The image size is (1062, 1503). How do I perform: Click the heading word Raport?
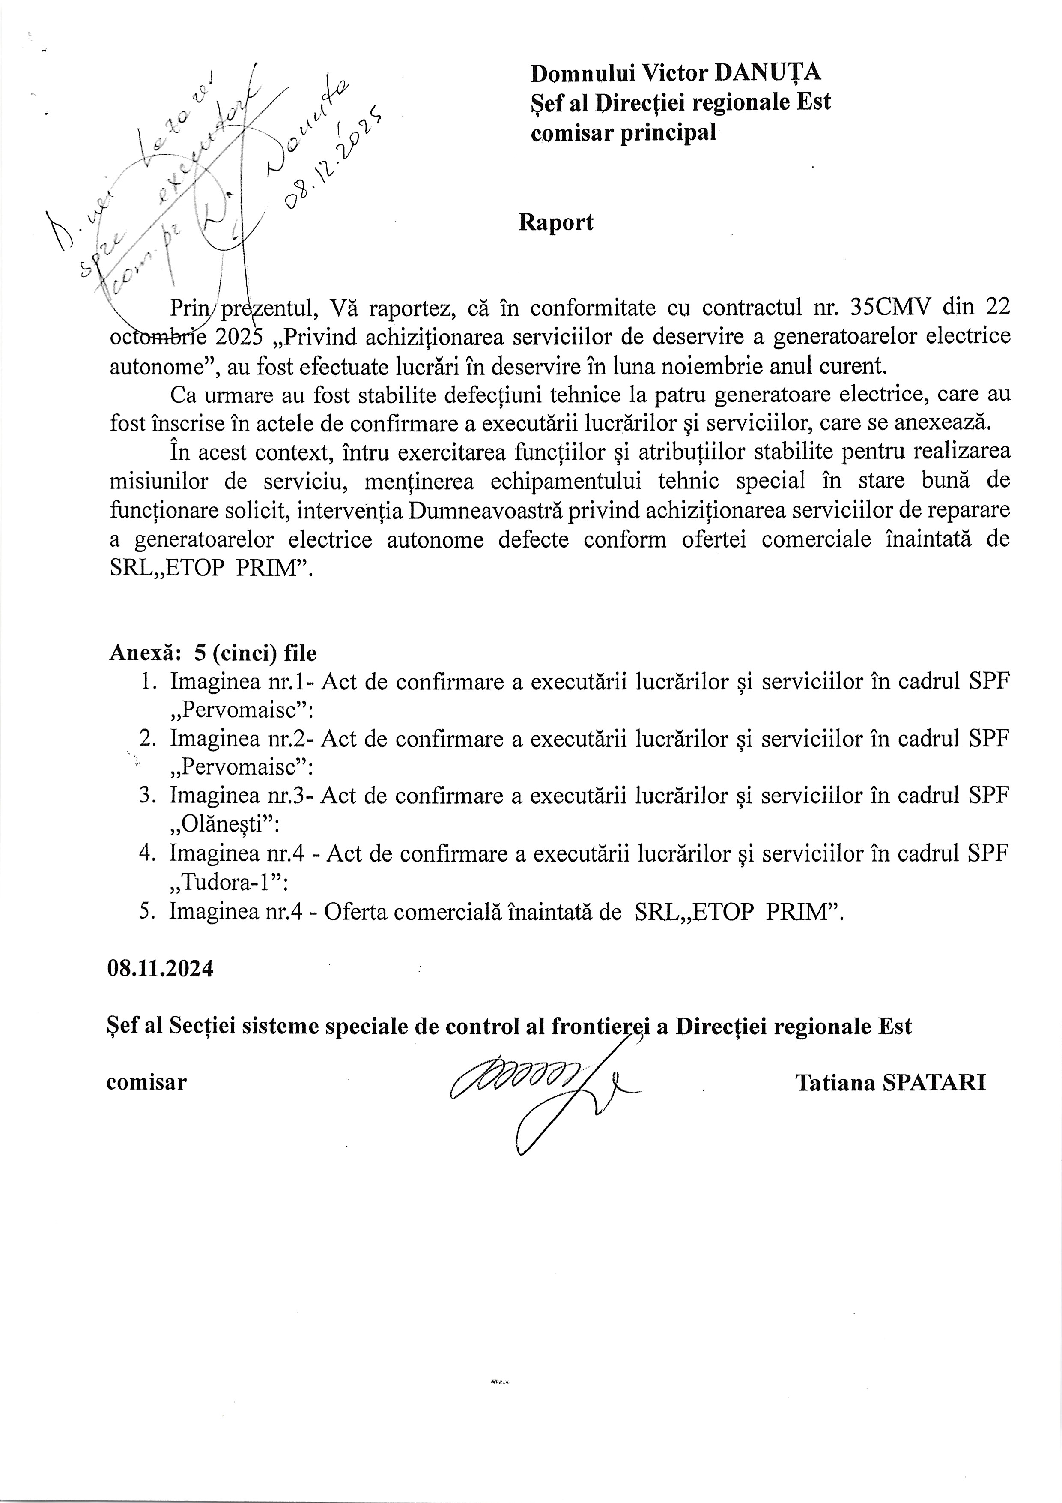pyautogui.click(x=555, y=222)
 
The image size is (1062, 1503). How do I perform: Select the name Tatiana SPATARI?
pyautogui.click(x=891, y=1083)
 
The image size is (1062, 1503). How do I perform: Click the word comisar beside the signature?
pyautogui.click(x=146, y=1082)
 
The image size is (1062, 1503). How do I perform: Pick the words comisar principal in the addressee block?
pyautogui.click(x=623, y=132)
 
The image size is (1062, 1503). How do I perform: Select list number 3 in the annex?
pyautogui.click(x=146, y=795)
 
